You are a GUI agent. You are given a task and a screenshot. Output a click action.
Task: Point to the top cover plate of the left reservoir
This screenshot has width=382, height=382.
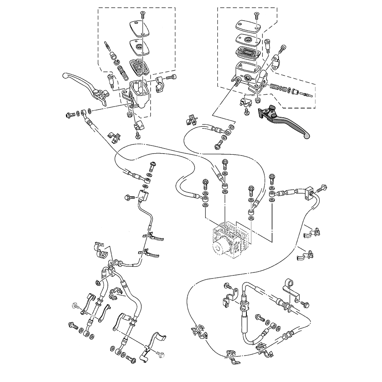[x=139, y=28]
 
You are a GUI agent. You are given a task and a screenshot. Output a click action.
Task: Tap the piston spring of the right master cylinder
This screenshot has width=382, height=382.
[x=275, y=87]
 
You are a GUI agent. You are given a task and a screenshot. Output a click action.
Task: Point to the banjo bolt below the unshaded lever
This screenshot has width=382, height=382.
[x=71, y=114]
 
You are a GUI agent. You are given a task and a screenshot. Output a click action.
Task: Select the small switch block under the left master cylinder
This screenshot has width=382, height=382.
[x=138, y=126]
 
